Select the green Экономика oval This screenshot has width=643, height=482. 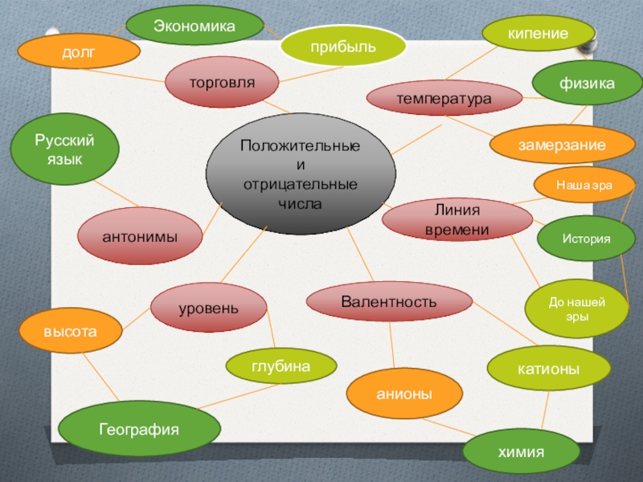[195, 27]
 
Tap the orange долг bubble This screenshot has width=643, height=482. [79, 51]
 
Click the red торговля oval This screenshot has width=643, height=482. [222, 83]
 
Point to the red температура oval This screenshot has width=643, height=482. [443, 99]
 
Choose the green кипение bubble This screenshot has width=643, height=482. [538, 34]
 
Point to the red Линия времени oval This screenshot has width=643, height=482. [457, 219]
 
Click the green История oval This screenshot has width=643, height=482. [586, 239]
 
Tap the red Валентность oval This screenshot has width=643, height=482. [389, 302]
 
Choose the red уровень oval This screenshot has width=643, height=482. [208, 308]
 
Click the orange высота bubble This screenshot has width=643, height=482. [70, 330]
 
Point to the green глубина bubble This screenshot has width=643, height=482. [281, 366]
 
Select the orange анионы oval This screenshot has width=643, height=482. [404, 394]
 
